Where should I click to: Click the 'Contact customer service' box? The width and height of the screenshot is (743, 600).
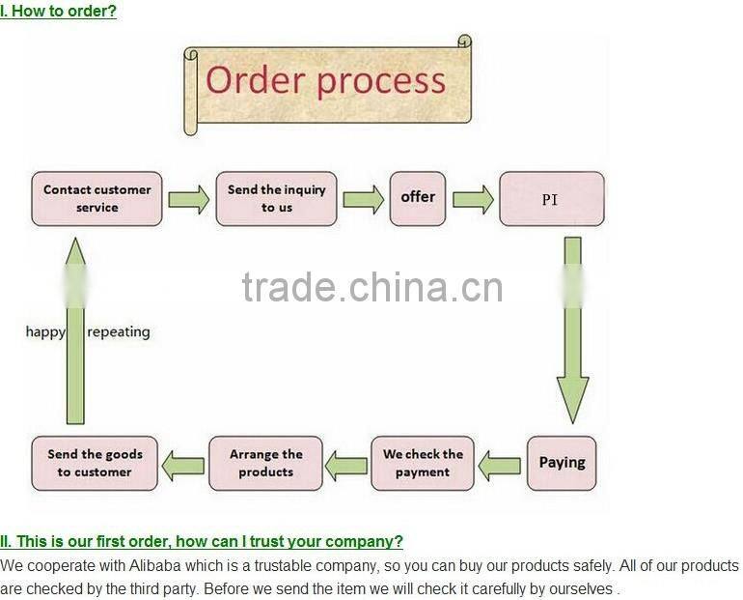pyautogui.click(x=96, y=199)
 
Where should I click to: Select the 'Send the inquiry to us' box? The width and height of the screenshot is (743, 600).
pyautogui.click(x=276, y=199)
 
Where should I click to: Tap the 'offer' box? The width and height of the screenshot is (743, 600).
pyautogui.click(x=418, y=198)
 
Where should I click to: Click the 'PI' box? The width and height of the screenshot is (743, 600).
pyautogui.click(x=551, y=199)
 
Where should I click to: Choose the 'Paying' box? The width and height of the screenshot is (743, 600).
pyautogui.click(x=562, y=463)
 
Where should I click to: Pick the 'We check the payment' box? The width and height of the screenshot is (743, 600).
pyautogui.click(x=423, y=463)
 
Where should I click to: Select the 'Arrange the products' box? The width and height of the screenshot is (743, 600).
pyautogui.click(x=265, y=463)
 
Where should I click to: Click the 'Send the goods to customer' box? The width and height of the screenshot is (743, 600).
pyautogui.click(x=95, y=463)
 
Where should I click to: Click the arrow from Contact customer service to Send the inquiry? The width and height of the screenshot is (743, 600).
pyautogui.click(x=189, y=200)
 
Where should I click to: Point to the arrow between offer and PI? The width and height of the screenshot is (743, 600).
pyautogui.click(x=473, y=200)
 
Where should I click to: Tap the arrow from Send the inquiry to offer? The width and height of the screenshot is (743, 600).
pyautogui.click(x=363, y=200)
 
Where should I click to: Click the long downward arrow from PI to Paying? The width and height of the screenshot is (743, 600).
pyautogui.click(x=572, y=329)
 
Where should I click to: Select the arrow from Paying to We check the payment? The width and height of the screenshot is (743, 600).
pyautogui.click(x=500, y=466)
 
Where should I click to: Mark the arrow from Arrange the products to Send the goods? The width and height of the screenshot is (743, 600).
pyautogui.click(x=182, y=466)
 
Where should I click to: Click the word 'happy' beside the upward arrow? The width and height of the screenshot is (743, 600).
pyautogui.click(x=45, y=332)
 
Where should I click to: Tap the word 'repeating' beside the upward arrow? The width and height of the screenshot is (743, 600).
pyautogui.click(x=119, y=332)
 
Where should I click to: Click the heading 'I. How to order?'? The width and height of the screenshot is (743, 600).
pyautogui.click(x=59, y=12)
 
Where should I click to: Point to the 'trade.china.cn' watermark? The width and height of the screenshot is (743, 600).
pyautogui.click(x=371, y=287)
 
